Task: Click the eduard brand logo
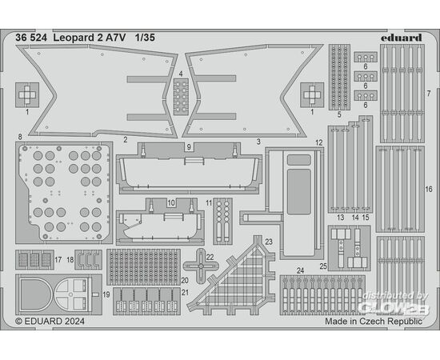coord(402,38)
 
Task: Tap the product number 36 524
coord(31,38)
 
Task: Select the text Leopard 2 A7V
coord(90,38)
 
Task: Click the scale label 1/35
coord(145,38)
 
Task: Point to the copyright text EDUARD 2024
coord(50,321)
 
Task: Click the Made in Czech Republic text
coord(374,321)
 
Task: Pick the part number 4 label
coord(181,74)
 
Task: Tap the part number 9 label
coord(189,147)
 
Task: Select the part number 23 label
coord(269,242)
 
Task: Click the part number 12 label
coord(318,142)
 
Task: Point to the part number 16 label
coord(429,190)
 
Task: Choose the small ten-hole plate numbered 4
coord(181,97)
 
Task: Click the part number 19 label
coord(106,294)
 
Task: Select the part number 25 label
coord(323,266)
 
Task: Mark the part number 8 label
coord(20,137)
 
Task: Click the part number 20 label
coord(185,280)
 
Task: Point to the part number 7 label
coord(429,94)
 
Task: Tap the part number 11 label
coord(209,203)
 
